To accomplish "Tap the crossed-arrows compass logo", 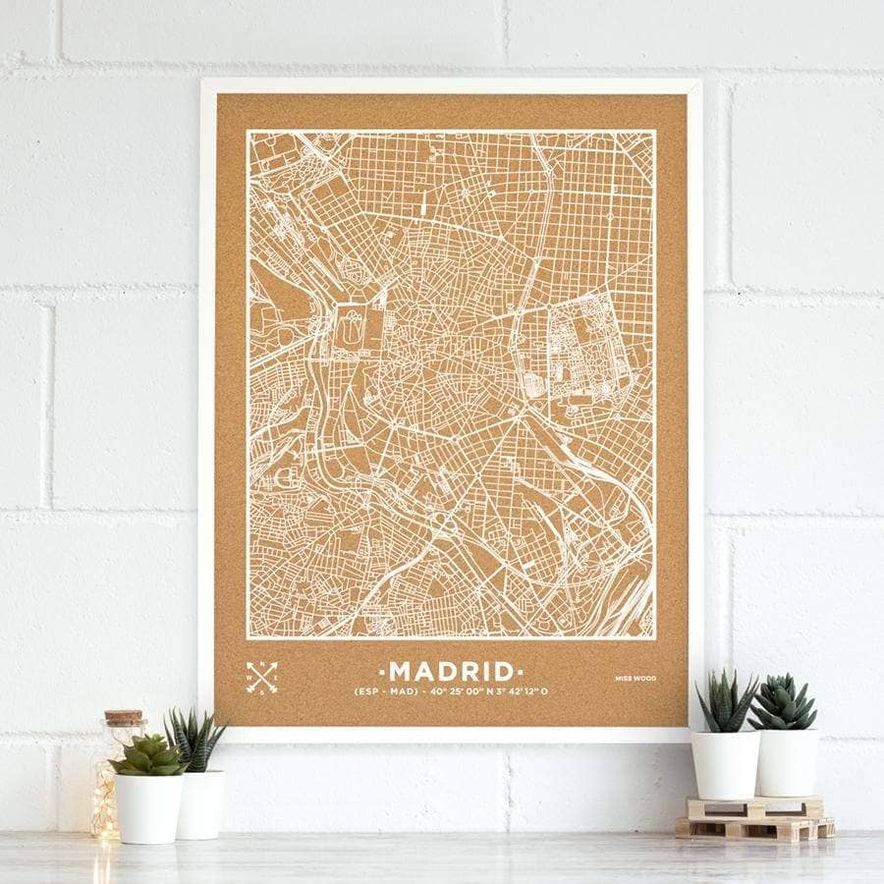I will pos(261,677).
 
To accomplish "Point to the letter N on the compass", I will pos(261,666).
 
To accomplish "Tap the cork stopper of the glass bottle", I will pos(124,719).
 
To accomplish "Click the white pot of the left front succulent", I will pos(149,807).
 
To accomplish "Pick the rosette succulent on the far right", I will pos(783,701).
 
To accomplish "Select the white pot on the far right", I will pos(787,761).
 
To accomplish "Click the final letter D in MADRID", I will pos(503,672).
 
